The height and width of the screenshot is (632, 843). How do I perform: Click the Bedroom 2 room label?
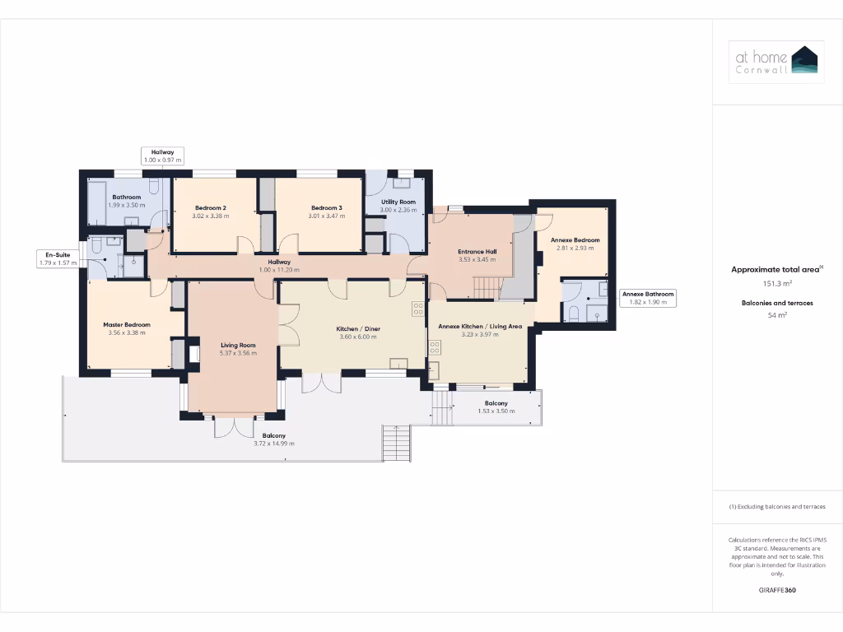[x=212, y=207]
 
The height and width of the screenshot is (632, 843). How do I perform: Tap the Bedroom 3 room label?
[x=326, y=207]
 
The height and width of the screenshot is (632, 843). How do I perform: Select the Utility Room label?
[x=398, y=202]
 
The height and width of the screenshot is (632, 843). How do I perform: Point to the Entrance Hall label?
[x=477, y=252]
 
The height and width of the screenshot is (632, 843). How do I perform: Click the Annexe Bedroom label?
[x=578, y=240]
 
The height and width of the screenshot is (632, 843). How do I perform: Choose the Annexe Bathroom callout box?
[x=648, y=298]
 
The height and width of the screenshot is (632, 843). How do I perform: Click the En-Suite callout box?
[x=57, y=258]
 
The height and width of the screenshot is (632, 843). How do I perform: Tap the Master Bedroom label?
[x=127, y=324]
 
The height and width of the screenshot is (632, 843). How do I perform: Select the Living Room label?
[x=238, y=345]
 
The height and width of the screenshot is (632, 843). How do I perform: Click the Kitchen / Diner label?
[x=358, y=328]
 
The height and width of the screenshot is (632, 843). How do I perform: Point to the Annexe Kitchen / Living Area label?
[x=480, y=326]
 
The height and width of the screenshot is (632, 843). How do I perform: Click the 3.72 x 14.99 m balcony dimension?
[x=274, y=444]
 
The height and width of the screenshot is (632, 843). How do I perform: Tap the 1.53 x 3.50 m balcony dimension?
[x=496, y=411]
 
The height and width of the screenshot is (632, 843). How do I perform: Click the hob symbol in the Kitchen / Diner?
[x=418, y=309]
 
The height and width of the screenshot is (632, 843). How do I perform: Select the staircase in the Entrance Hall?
[x=487, y=287]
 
